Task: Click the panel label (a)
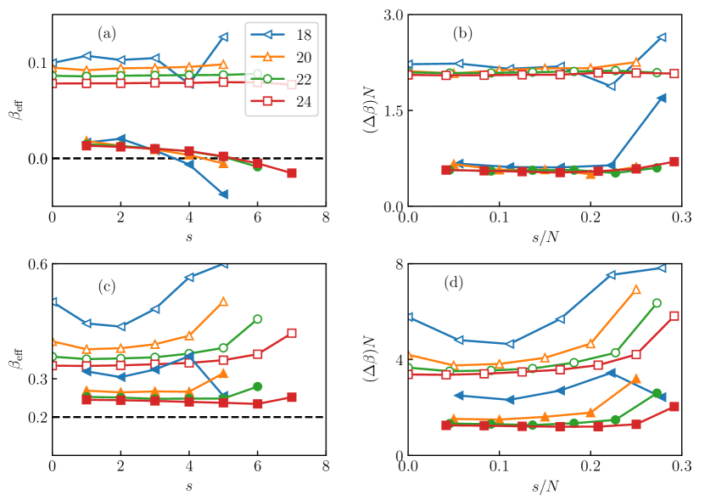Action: click(106, 34)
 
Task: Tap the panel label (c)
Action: click(106, 285)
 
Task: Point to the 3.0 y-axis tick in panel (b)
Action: click(390, 15)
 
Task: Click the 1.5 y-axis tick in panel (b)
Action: click(390, 110)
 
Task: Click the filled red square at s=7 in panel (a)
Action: click(292, 173)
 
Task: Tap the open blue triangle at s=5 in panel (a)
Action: click(223, 37)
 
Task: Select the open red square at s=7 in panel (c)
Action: click(292, 333)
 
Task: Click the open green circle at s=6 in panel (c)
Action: click(257, 319)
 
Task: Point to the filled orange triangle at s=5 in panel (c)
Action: click(223, 374)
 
